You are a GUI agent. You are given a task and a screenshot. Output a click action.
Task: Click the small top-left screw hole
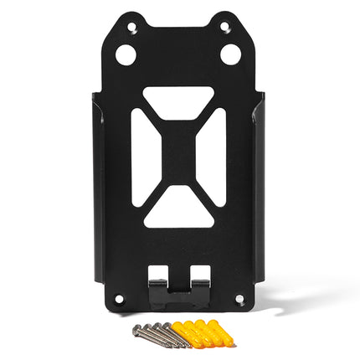click(131, 27)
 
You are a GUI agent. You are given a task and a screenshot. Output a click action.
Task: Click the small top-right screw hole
click(224, 27)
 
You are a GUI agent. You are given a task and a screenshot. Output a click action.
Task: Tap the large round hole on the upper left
click(126, 55)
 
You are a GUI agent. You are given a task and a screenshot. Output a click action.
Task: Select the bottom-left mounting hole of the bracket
click(118, 298)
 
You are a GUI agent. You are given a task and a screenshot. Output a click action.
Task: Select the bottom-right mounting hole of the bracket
click(239, 298)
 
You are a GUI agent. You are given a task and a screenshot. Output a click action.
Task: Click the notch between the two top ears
click(178, 17)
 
